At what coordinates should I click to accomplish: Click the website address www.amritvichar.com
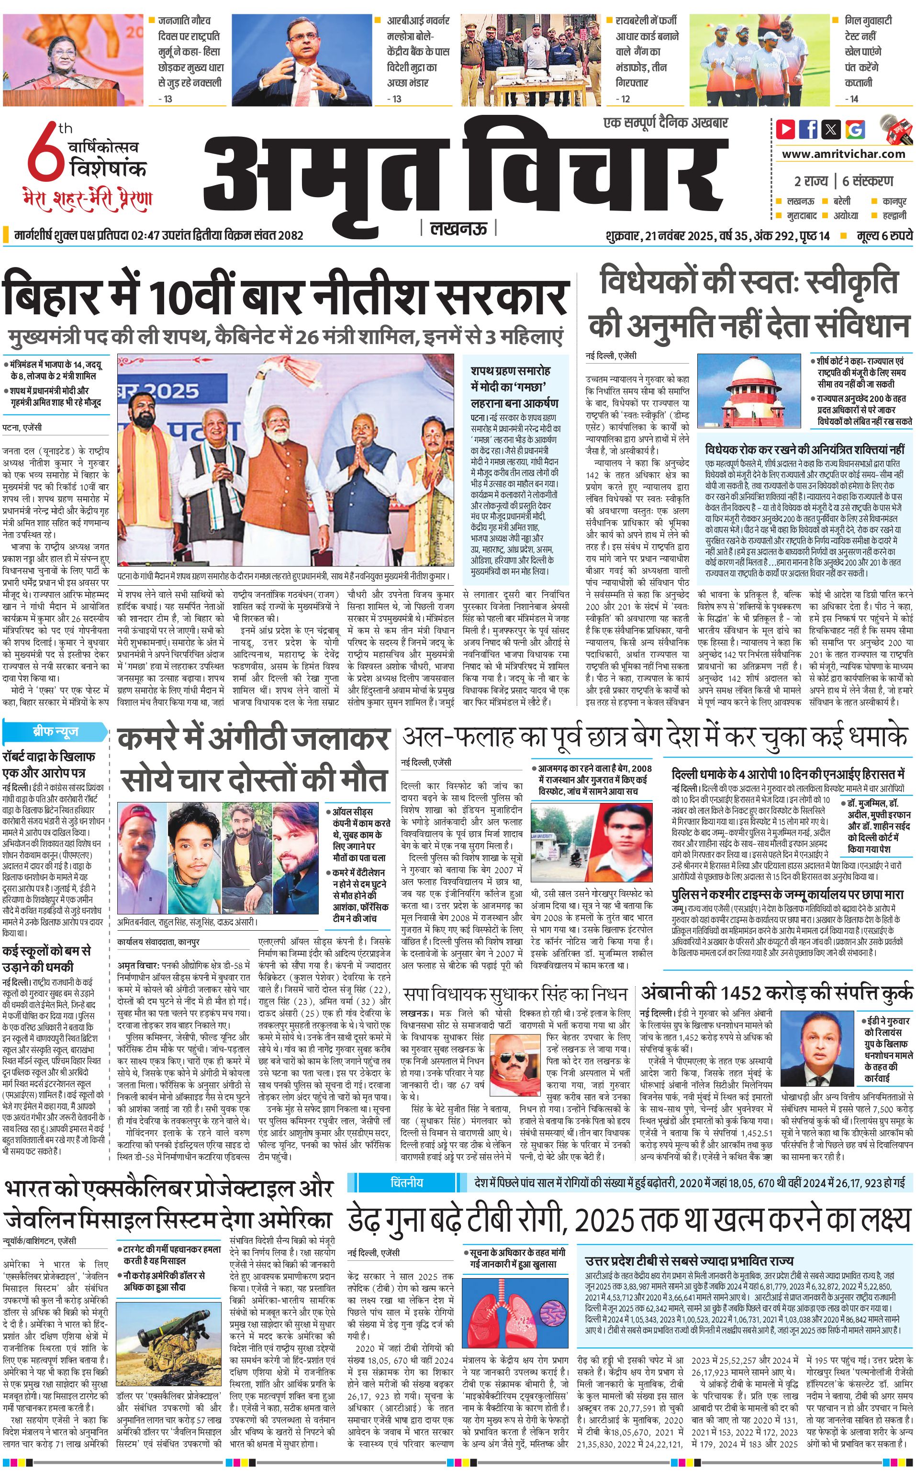tap(843, 154)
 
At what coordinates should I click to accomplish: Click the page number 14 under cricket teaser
tap(854, 99)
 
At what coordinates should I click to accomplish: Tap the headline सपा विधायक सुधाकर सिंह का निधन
tap(515, 994)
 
